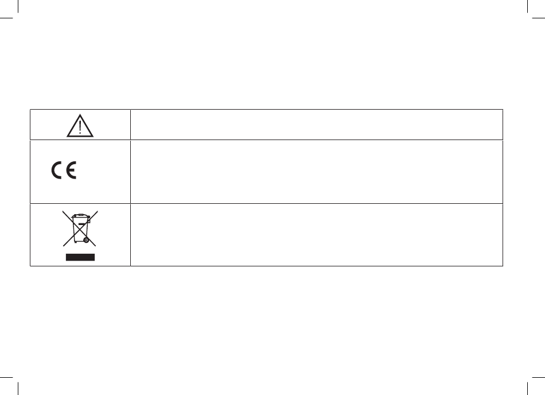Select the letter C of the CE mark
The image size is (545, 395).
point(57,171)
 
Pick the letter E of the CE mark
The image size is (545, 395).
point(71,171)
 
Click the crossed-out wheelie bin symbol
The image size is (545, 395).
point(80,229)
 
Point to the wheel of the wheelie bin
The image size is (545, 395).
point(86,240)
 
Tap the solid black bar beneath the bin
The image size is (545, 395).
point(80,257)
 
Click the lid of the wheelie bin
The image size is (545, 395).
point(81,216)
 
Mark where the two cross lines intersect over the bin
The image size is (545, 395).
point(80,229)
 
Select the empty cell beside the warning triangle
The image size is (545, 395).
point(317,125)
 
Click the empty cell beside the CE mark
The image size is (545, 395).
point(317,172)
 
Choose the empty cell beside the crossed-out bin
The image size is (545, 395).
point(317,235)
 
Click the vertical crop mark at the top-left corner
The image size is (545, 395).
point(18,6)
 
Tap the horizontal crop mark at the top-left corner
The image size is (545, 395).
point(6,18)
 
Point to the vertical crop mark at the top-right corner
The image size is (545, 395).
point(527,6)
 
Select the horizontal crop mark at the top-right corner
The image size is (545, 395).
point(539,18)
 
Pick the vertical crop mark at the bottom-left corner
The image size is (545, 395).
point(18,389)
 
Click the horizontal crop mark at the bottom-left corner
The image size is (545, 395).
point(6,377)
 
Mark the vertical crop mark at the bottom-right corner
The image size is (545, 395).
point(527,389)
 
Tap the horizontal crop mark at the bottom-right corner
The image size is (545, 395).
point(539,377)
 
